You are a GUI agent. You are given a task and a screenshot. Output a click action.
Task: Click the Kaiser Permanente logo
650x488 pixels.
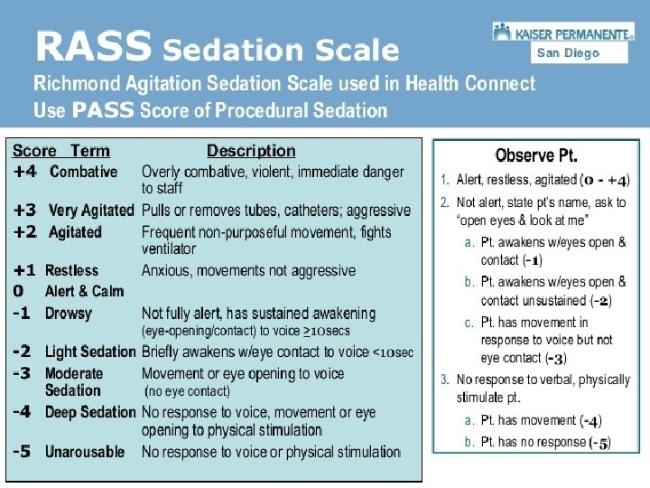tap(563, 32)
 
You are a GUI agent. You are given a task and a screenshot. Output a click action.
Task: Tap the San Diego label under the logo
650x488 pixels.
tap(568, 53)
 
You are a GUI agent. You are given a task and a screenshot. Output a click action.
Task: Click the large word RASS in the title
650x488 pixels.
tap(93, 46)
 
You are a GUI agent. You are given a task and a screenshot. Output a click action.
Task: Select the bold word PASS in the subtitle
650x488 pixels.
tap(103, 110)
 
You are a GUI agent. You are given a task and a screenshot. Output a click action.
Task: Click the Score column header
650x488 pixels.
tap(34, 151)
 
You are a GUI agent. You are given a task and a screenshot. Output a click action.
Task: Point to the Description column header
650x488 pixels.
tap(251, 151)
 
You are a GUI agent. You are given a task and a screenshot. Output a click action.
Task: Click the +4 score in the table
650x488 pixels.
tap(25, 172)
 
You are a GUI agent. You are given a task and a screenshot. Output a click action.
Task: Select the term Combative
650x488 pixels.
tap(83, 172)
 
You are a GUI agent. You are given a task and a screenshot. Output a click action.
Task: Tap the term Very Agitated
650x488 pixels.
tap(91, 211)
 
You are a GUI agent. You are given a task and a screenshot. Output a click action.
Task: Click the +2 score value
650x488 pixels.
tap(25, 232)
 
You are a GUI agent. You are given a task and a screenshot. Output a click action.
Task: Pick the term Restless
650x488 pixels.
tap(71, 270)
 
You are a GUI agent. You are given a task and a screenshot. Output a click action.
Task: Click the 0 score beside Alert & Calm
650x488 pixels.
tap(18, 291)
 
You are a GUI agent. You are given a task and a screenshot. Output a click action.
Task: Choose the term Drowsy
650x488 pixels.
tap(69, 314)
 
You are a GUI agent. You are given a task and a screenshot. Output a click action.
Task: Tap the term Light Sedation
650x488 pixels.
tap(90, 352)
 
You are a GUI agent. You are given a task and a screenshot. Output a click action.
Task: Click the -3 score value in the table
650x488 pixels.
tap(22, 373)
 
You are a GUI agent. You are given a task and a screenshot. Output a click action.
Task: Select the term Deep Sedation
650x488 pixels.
tap(90, 412)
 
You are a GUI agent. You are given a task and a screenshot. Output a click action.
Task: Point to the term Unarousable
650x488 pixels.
tap(85, 452)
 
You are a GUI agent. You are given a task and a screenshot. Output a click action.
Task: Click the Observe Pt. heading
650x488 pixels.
tap(536, 155)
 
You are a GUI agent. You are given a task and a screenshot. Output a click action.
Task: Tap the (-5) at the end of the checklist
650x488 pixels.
tap(599, 443)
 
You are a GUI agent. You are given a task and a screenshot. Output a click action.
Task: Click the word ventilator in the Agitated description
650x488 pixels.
tap(169, 249)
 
